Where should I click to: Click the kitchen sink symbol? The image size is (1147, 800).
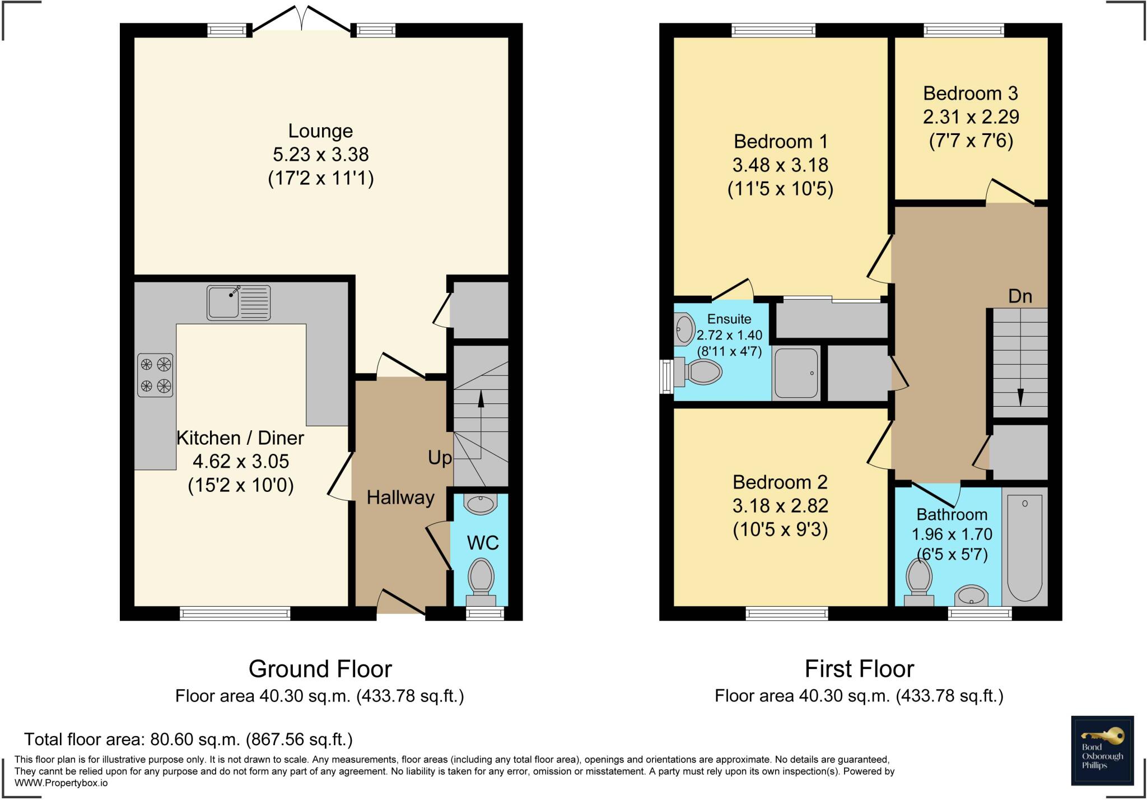tap(239, 303)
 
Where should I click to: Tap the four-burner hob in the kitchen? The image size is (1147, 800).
tap(155, 375)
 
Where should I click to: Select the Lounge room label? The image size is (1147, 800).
tap(320, 131)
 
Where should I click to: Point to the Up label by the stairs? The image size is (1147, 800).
tap(440, 458)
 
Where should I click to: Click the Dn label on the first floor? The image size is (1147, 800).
tap(1020, 296)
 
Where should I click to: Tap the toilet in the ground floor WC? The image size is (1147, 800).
tap(481, 577)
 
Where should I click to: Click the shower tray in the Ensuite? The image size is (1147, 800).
tap(796, 373)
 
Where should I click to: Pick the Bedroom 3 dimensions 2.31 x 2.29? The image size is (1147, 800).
tap(971, 117)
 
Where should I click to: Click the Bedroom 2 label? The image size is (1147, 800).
tap(780, 482)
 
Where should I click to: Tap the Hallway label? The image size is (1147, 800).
tap(400, 497)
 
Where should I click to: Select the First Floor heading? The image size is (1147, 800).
tap(859, 669)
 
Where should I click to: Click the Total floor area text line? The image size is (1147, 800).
tap(188, 739)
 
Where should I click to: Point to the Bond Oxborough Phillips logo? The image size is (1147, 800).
tap(1102, 750)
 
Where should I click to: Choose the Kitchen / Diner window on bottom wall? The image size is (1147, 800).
tap(235, 613)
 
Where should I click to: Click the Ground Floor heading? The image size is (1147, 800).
tap(320, 669)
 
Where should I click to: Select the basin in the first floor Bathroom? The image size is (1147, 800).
tap(971, 596)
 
